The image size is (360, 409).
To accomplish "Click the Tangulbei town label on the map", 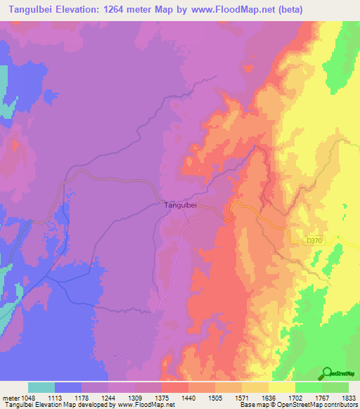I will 179,205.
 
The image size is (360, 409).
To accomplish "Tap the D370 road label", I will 316,240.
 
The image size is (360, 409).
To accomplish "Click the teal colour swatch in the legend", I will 41,387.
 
